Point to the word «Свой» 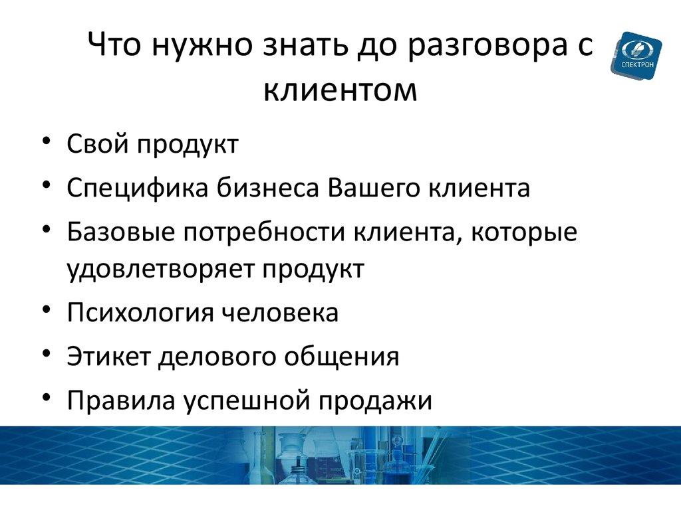point(98,143)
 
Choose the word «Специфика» point(138,188)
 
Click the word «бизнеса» point(268,188)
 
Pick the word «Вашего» point(374,188)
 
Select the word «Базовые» point(120,232)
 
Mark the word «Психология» point(140,313)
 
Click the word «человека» point(280,313)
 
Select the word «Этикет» point(108,356)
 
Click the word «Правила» point(121,400)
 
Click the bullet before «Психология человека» point(47,310)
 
